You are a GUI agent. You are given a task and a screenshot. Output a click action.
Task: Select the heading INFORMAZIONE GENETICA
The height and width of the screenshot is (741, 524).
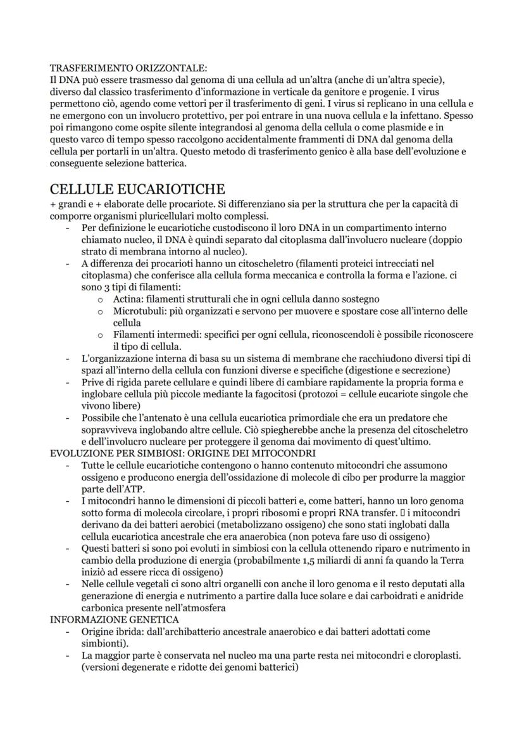114,620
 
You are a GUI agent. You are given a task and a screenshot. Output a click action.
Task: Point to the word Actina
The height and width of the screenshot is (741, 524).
128,298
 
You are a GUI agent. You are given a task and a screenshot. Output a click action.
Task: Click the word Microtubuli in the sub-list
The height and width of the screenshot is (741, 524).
138,311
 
